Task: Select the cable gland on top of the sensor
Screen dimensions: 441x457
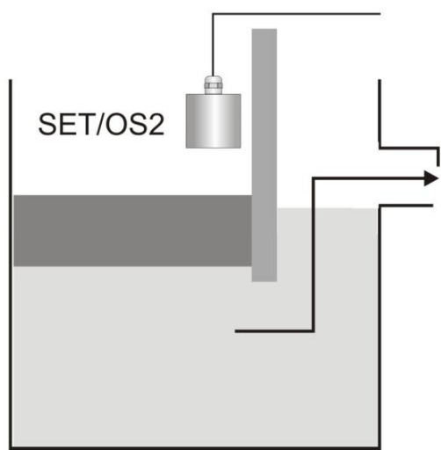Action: tap(212, 83)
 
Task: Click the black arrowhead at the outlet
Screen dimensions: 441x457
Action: tap(430, 178)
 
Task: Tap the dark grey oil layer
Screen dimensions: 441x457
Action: tap(132, 230)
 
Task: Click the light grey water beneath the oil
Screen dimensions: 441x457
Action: tap(132, 352)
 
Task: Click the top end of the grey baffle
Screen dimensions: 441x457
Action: tap(264, 33)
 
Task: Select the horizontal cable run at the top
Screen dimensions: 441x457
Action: tap(299, 13)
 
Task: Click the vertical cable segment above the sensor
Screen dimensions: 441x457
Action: tap(212, 44)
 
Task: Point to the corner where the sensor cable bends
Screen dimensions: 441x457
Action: tap(212, 13)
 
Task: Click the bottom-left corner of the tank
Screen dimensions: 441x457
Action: tap(11, 447)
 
